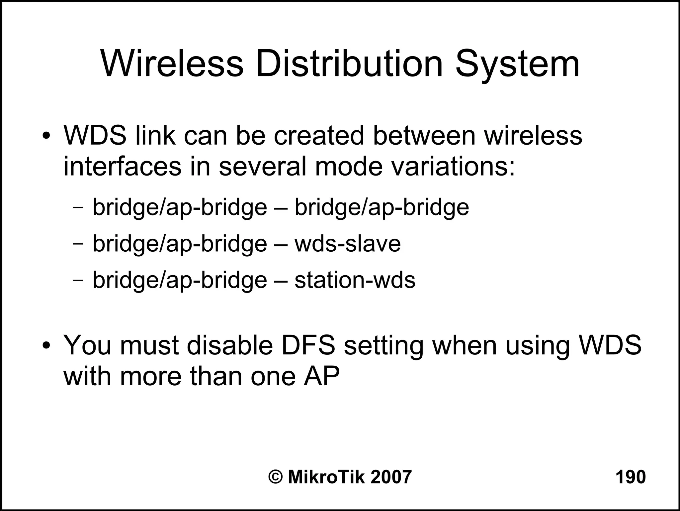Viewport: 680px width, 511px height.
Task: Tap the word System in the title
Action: pyautogui.click(x=517, y=65)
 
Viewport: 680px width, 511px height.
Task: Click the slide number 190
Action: pyautogui.click(x=631, y=477)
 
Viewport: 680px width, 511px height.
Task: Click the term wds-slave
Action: pyautogui.click(x=348, y=243)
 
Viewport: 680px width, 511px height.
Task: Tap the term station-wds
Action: pyautogui.click(x=355, y=280)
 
